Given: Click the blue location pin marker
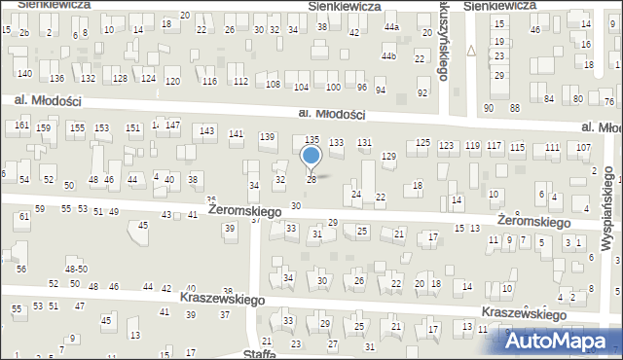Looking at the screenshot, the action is tap(311, 157).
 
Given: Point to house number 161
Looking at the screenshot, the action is tap(22, 126).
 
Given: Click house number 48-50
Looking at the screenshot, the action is tap(76, 269).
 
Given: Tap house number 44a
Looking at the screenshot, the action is tap(391, 27).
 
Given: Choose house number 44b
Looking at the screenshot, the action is tap(389, 56).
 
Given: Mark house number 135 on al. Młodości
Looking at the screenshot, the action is tap(311, 141).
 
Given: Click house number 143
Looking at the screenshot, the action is tap(206, 130).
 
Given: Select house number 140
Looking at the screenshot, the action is tap(24, 74).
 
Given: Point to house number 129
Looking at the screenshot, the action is tap(388, 157).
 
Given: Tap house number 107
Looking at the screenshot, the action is tap(583, 147).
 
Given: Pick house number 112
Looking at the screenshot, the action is tap(240, 81).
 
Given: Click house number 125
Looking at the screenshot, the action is tap(422, 144).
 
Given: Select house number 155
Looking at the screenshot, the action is tap(76, 128).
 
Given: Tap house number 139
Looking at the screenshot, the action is tap(267, 136).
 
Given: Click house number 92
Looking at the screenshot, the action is tap(421, 93).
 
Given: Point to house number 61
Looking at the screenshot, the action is tap(23, 216).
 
